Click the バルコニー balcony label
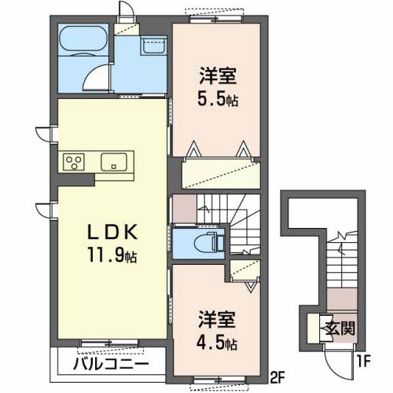click(112, 365)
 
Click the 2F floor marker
click(277, 375)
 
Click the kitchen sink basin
click(115, 163)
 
